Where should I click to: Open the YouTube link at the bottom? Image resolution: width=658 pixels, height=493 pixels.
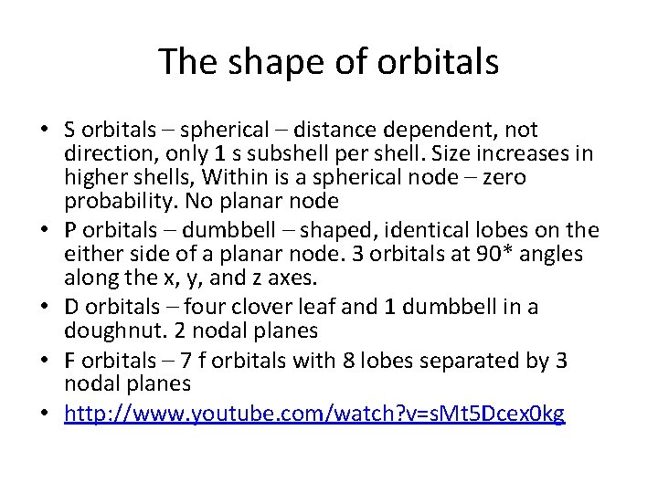[314, 414]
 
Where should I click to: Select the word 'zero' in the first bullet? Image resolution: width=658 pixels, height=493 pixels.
[504, 177]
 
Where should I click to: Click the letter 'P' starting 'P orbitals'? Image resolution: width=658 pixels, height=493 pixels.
[69, 230]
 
